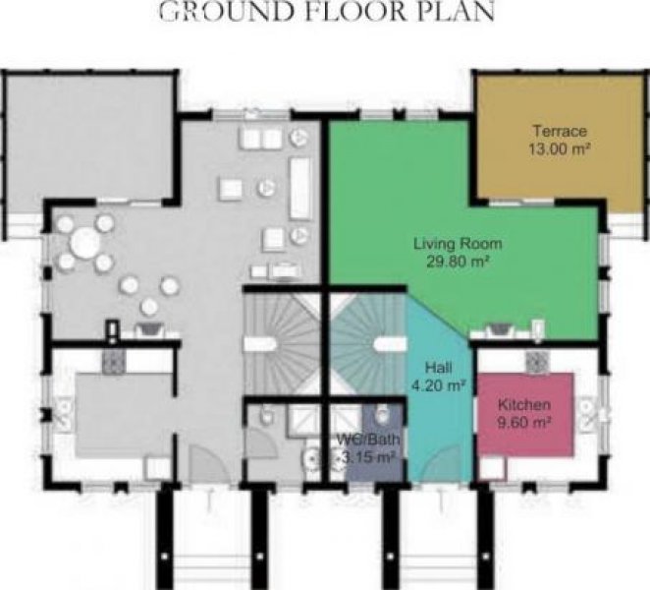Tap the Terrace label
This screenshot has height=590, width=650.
point(560,131)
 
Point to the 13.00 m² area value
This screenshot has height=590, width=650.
point(560,148)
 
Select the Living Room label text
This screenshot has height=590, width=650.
point(458,243)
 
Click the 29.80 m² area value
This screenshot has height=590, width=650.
point(459,262)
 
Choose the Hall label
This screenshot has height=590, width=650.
point(439,368)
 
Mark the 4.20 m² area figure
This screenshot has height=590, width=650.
point(437,385)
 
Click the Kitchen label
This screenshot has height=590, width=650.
point(524,404)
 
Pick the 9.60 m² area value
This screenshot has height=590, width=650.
point(524,423)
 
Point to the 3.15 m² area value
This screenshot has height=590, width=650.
point(367,457)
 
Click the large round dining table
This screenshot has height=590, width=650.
point(85,243)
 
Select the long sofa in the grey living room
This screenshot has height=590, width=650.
point(300,188)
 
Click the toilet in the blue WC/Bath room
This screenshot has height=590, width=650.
point(382,414)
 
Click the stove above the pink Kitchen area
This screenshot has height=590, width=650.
point(538,361)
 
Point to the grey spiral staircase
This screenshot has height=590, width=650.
point(283,344)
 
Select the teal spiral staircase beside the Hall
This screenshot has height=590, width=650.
point(367,344)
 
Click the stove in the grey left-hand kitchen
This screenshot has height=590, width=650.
point(113,361)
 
